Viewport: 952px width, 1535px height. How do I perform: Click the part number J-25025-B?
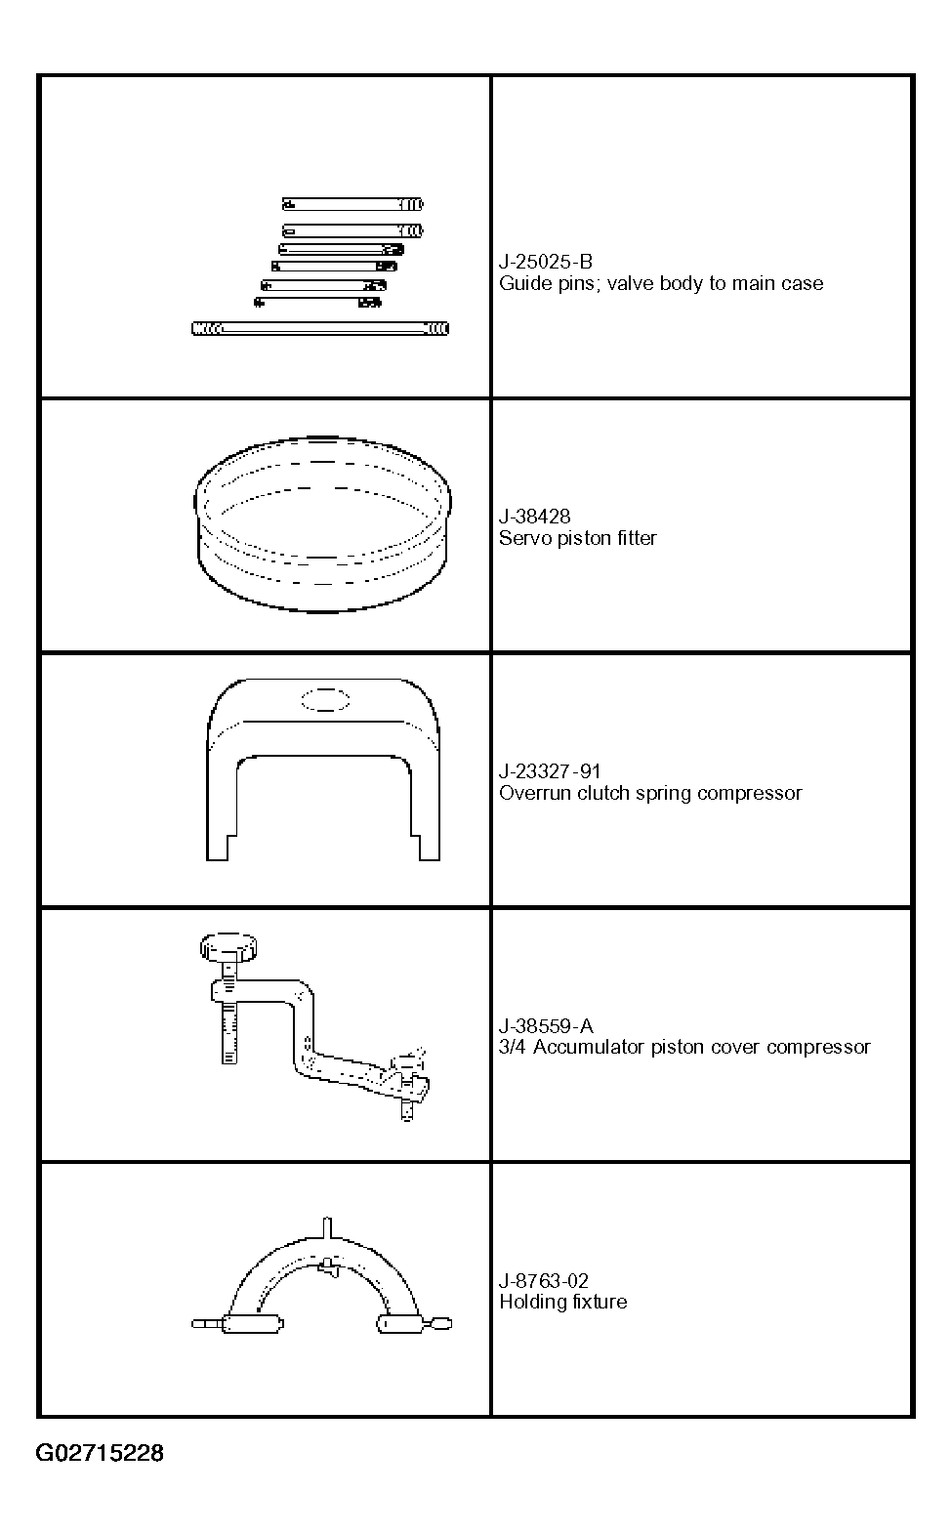546,262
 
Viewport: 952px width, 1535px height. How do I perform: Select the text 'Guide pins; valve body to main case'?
661,284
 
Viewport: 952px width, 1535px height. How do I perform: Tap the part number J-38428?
535,517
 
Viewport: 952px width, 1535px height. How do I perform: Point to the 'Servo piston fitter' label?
578,539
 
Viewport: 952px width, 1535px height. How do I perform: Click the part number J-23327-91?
550,771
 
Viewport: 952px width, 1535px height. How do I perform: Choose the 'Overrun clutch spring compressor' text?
650,794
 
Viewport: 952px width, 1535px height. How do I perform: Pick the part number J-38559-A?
546,1026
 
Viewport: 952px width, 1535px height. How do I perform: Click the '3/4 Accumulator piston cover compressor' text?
684,1048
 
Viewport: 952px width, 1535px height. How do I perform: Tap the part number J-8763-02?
544,1281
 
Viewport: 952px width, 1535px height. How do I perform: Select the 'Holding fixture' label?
563,1302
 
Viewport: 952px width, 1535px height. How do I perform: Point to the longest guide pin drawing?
320,329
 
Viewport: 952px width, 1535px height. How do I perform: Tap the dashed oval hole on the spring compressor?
325,700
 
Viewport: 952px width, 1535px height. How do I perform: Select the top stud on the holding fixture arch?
327,1226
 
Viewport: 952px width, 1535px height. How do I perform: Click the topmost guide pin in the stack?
353,204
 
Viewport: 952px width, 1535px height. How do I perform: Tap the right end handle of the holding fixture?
439,1323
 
